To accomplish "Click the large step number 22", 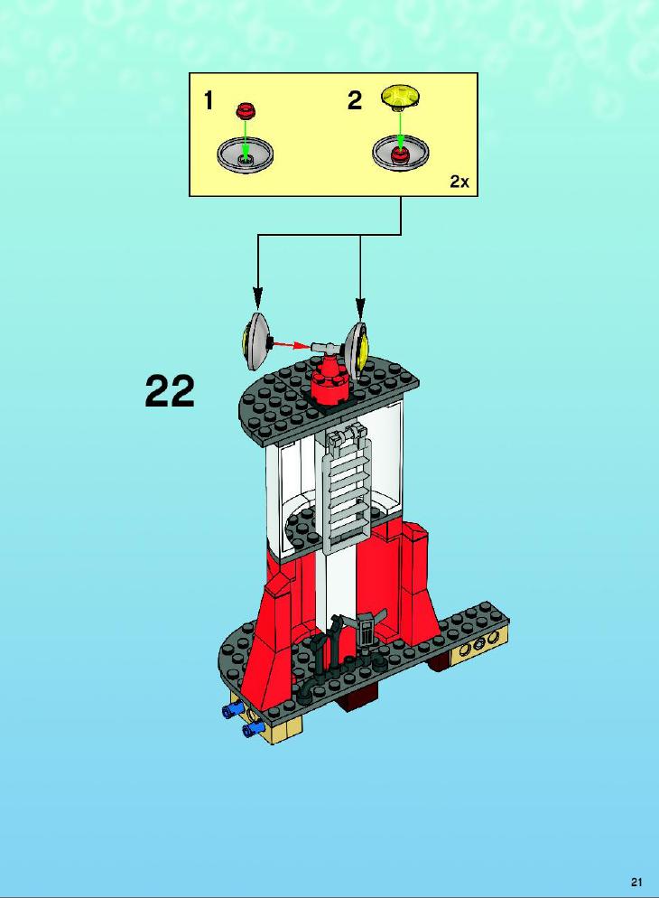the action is pos(170,391).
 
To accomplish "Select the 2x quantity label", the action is pos(459,182).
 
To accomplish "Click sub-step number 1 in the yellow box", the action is pos(209,101).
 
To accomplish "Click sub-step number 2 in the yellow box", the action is pos(355,101).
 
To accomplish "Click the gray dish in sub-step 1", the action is pos(246,154).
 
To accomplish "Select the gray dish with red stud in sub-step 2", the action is pos(401,153).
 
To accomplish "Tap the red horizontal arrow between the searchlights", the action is pos(292,344).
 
